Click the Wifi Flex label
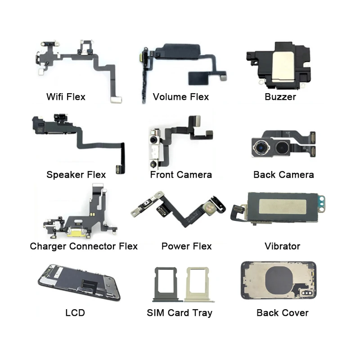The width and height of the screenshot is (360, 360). [x=66, y=96]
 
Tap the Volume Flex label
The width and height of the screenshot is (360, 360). [x=181, y=96]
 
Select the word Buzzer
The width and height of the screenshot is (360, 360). [x=280, y=96]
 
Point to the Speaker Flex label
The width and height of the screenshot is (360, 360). [x=76, y=174]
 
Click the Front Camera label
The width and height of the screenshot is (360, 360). [x=181, y=174]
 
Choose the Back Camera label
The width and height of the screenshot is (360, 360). [x=283, y=174]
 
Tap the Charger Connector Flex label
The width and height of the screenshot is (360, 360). [x=84, y=246]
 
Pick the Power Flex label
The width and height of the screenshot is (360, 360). [x=186, y=246]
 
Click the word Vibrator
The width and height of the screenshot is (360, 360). [x=283, y=246]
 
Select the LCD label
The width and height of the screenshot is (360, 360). [x=75, y=312]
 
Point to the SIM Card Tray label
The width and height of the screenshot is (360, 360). [x=180, y=312]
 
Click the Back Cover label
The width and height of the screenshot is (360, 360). [x=283, y=312]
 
